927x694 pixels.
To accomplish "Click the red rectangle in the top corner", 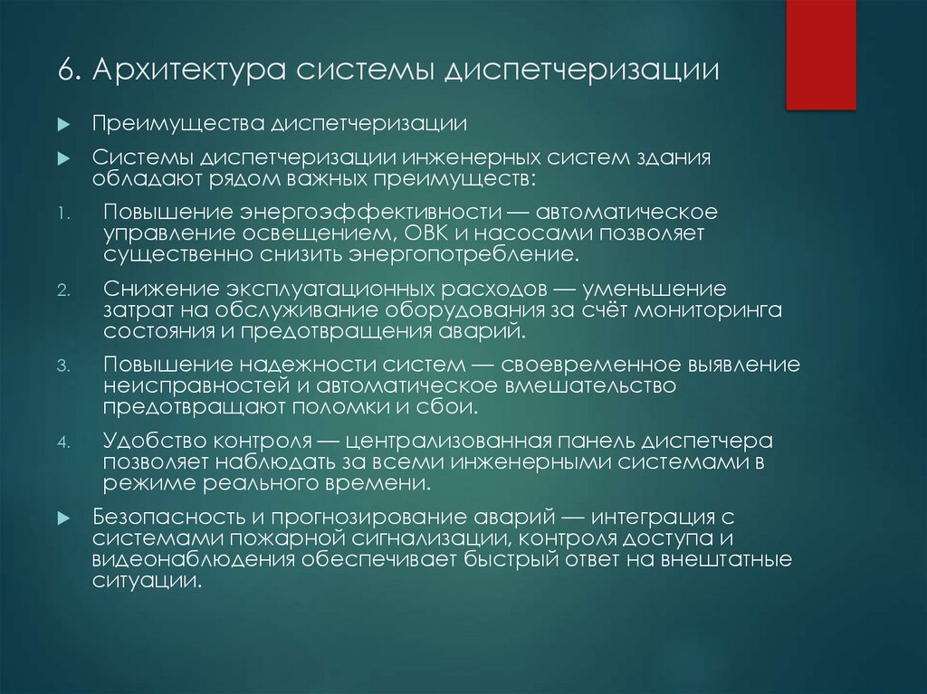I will coord(820,54).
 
